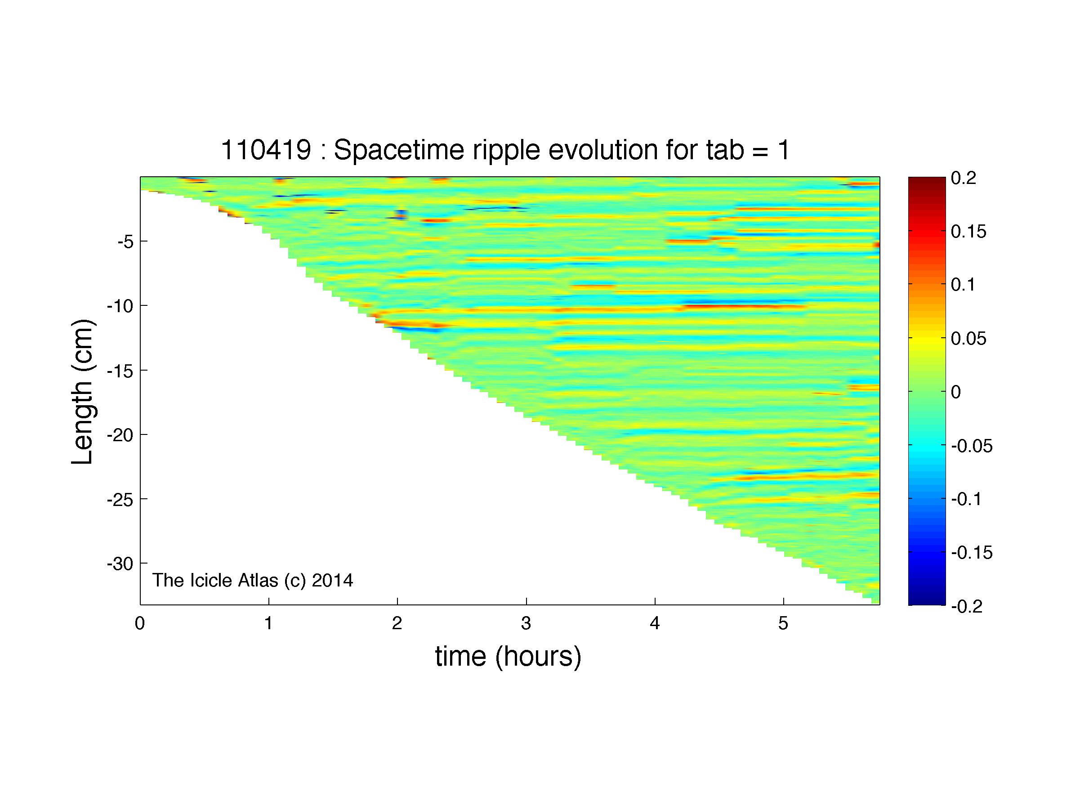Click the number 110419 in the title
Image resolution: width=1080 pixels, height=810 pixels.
[266, 150]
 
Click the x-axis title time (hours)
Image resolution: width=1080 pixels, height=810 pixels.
[508, 656]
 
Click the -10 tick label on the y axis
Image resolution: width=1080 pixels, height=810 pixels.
[120, 306]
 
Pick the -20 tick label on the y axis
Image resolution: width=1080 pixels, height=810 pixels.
[120, 435]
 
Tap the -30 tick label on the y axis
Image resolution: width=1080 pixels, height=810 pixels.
[120, 564]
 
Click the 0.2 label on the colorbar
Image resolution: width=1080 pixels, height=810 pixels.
[963, 178]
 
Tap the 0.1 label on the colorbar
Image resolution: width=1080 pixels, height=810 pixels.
[963, 285]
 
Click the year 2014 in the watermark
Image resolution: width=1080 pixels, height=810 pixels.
[332, 580]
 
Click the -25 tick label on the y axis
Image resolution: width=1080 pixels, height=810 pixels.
[120, 500]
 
